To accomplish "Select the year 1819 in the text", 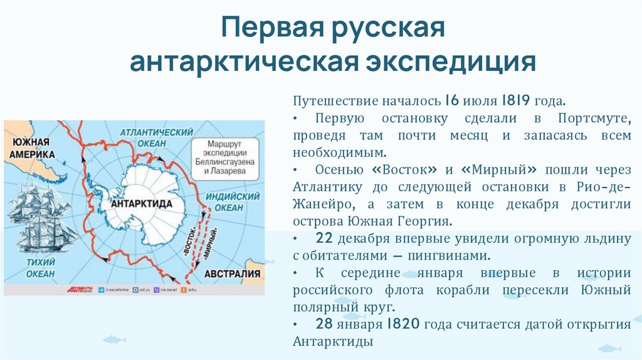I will click(516, 102).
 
